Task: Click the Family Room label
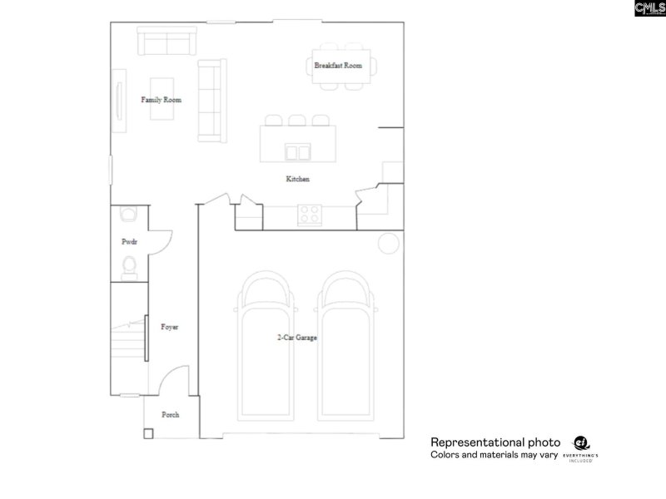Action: pos(161,100)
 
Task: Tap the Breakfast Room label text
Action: pos(338,65)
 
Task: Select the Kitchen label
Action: pos(298,179)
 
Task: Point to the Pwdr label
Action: pos(129,241)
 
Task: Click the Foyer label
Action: pos(170,327)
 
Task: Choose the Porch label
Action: pos(170,414)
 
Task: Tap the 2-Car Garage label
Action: pos(297,338)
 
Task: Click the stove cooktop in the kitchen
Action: pos(311,215)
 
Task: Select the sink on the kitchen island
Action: pos(297,151)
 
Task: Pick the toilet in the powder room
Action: pos(129,265)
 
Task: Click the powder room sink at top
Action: pos(128,215)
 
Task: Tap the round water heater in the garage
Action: pos(388,243)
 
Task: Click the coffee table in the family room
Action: pos(162,98)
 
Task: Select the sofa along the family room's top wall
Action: pos(166,42)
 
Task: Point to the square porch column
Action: pos(148,433)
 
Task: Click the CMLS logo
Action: pos(649,8)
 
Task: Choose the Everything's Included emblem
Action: pos(583,448)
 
